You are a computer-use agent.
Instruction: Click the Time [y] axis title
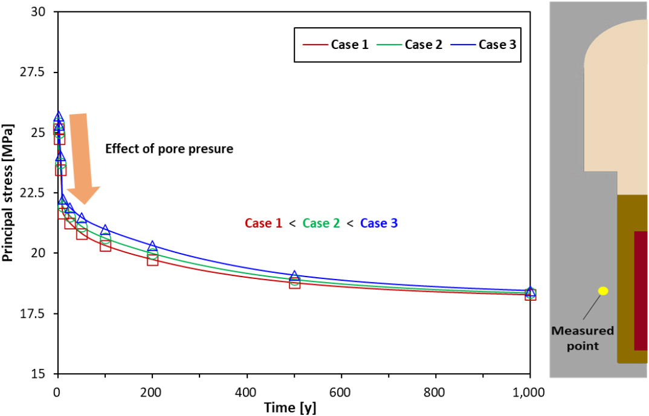289,408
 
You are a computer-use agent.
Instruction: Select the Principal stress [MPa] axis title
8,193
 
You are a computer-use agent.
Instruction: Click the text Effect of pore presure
169,149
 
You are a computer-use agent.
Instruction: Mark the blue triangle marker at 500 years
294,276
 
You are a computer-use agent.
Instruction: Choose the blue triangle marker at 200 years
152,246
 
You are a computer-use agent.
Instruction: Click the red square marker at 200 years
152,260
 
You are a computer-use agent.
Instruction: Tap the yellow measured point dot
602,291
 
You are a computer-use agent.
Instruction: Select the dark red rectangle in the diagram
641,290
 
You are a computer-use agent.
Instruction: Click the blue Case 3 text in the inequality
379,223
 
